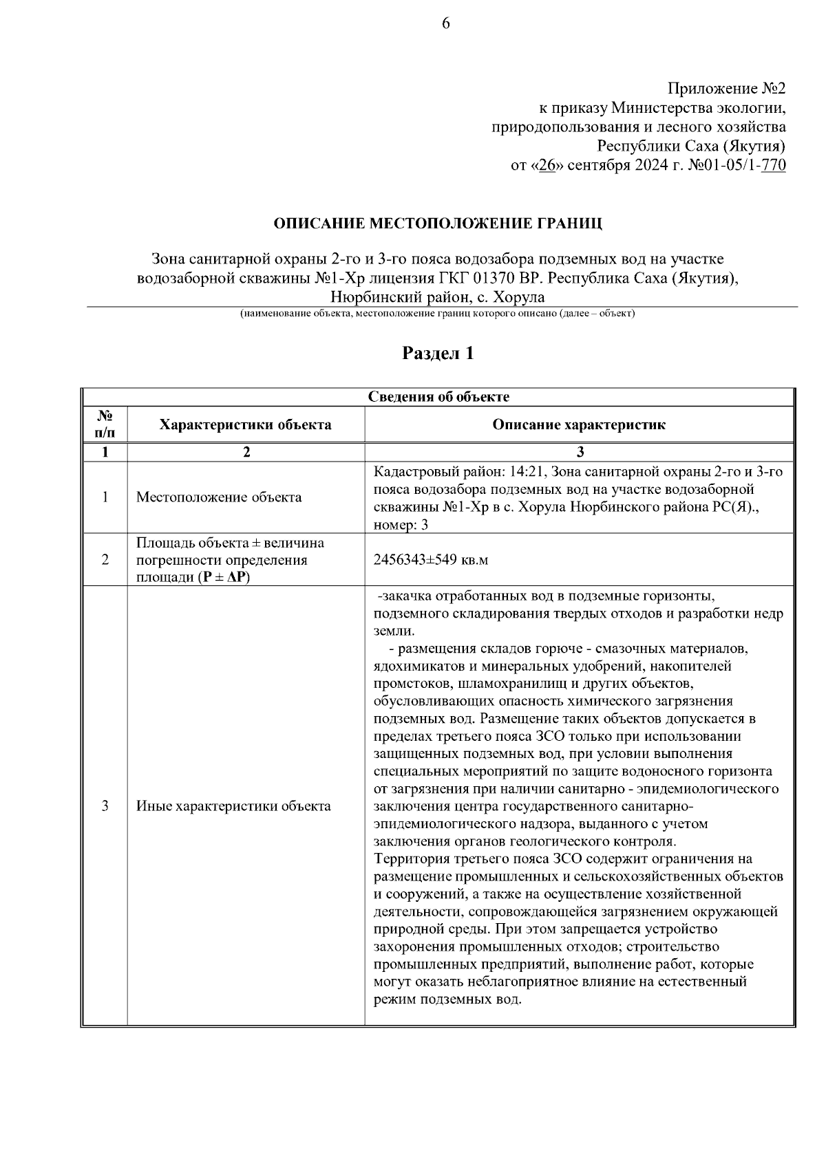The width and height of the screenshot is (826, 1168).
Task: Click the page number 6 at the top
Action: click(x=445, y=24)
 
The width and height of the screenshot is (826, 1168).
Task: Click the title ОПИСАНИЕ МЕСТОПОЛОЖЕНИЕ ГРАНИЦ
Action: click(x=438, y=224)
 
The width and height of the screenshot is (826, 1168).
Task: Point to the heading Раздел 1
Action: click(x=438, y=354)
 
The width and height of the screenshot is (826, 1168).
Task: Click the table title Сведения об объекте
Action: click(x=438, y=397)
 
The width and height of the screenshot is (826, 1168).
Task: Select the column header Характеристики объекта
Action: click(x=245, y=424)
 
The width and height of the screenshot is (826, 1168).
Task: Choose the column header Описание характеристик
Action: click(x=579, y=424)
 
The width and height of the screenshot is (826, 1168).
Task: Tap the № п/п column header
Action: click(x=105, y=424)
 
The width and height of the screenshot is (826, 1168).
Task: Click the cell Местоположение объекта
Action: click(x=219, y=497)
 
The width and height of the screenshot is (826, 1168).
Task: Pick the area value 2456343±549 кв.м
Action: click(x=431, y=560)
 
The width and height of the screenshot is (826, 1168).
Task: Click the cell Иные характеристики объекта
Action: click(x=233, y=805)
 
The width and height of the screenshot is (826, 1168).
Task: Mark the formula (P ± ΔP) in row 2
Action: click(x=224, y=577)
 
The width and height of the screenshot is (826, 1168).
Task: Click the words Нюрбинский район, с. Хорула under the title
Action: click(x=438, y=297)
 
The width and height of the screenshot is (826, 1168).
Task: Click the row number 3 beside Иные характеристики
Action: click(x=105, y=805)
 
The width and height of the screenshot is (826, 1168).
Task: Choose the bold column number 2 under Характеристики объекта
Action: click(x=245, y=452)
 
